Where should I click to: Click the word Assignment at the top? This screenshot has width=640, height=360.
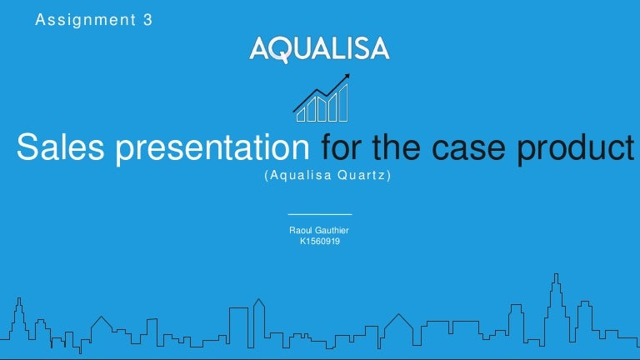click(86, 20)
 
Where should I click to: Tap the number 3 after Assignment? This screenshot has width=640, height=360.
click(147, 20)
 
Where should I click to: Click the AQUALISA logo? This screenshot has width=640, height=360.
click(320, 49)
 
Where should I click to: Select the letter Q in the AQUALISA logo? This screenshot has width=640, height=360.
click(282, 50)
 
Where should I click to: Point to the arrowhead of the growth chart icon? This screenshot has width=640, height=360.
click(347, 77)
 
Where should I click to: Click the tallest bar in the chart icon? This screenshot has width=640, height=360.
click(343, 103)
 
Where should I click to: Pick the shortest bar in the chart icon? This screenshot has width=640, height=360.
click(301, 115)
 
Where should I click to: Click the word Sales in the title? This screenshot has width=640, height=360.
click(60, 147)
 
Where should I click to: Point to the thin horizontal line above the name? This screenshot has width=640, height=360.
click(320, 214)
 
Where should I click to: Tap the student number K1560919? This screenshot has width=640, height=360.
click(320, 241)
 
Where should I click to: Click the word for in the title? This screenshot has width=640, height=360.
click(342, 147)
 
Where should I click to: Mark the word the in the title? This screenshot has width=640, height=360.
click(397, 147)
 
